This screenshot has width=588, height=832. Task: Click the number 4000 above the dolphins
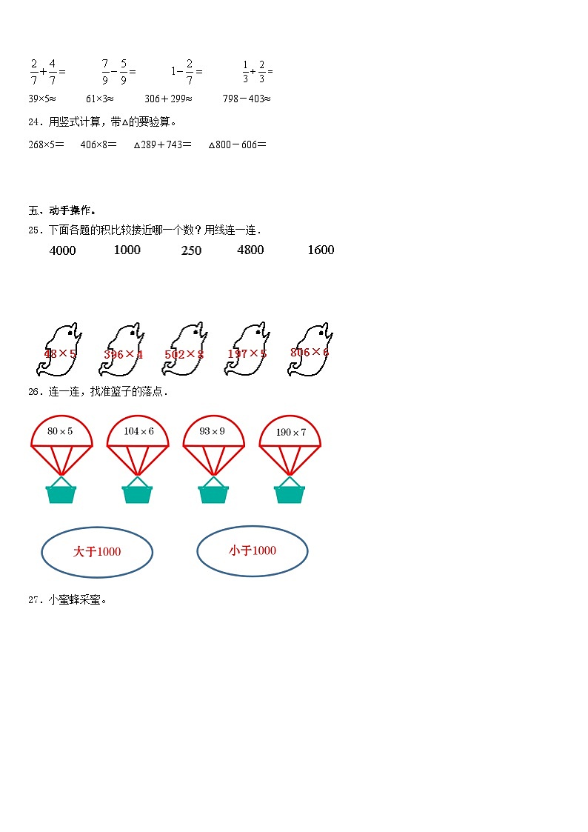(62, 250)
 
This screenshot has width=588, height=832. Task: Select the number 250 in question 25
(191, 250)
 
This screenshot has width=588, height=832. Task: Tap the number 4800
(250, 250)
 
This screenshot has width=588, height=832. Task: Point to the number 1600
(321, 250)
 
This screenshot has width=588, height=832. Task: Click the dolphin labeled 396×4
(124, 350)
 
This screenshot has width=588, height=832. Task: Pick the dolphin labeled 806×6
(310, 349)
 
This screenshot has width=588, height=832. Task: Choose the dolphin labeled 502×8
(184, 350)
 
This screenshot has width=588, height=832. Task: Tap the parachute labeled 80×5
(61, 433)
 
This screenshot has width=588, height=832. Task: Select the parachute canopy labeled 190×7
(290, 433)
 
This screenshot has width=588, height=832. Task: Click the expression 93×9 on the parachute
(213, 431)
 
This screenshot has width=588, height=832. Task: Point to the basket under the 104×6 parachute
(137, 492)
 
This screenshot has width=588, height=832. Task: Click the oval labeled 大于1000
(97, 551)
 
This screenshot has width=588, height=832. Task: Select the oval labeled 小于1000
(253, 550)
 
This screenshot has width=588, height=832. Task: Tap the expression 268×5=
(46, 145)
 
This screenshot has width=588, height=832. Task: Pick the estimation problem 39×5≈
(42, 99)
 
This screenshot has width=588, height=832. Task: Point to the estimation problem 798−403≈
(247, 99)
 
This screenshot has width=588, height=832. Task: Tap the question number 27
(33, 600)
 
